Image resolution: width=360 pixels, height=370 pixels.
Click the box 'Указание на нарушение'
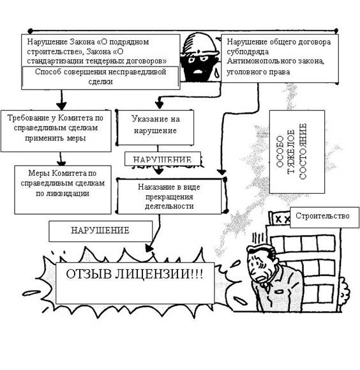click(x=156, y=127)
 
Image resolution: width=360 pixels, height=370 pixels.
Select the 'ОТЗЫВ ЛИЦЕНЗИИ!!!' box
click(x=135, y=283)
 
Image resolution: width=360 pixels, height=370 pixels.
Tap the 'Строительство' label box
click(x=324, y=217)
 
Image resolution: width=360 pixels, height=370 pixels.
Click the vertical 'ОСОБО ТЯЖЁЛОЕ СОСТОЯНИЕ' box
click(x=297, y=151)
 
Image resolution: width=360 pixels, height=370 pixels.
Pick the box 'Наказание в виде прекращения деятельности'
click(x=169, y=196)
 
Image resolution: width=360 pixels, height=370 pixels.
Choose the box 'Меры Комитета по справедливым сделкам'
click(x=63, y=190)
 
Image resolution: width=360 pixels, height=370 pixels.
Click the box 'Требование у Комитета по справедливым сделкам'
click(x=56, y=131)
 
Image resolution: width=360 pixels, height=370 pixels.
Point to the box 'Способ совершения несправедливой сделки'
click(x=101, y=77)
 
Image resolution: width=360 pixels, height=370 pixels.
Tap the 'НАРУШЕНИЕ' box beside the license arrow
click(x=101, y=231)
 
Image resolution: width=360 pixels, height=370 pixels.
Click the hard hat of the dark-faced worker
click(x=200, y=44)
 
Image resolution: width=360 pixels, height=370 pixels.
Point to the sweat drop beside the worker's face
click(x=217, y=73)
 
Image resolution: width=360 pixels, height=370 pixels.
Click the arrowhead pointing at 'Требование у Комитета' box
click(x=61, y=105)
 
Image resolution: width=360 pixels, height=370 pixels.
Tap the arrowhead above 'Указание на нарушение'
click(x=160, y=104)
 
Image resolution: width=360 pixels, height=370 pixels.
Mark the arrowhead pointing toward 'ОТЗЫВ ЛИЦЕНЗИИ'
click(x=149, y=248)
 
